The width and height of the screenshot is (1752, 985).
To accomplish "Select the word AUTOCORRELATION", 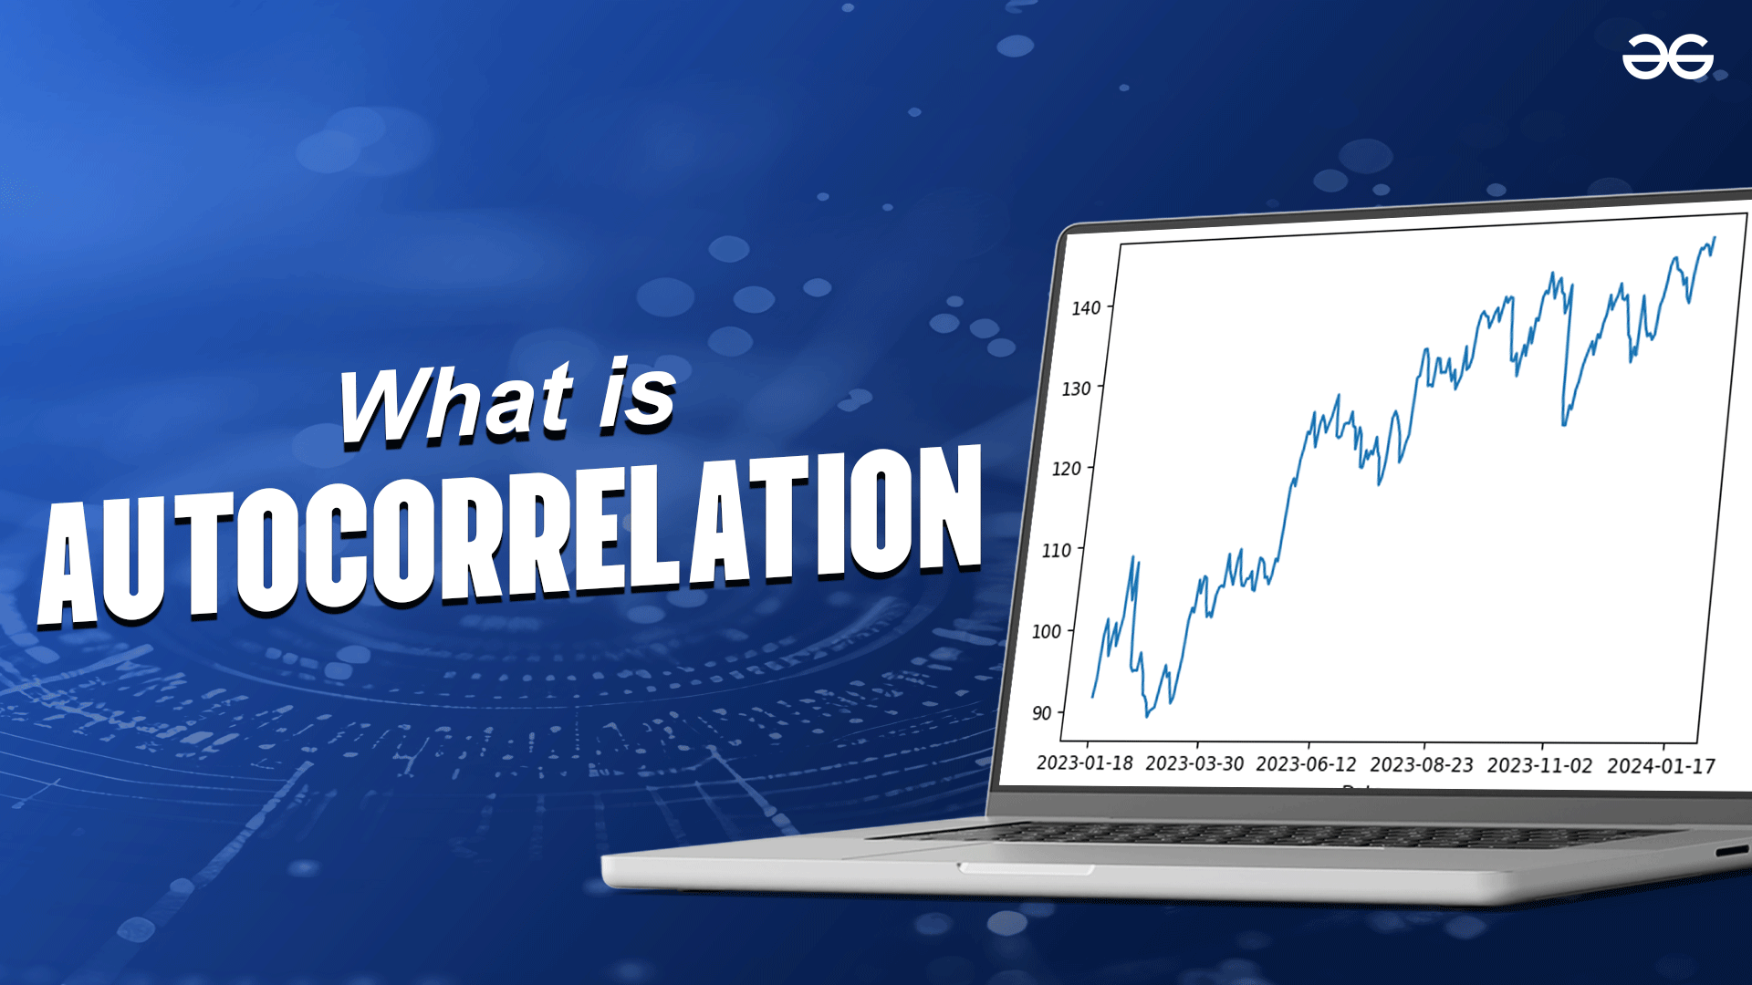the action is (509, 535).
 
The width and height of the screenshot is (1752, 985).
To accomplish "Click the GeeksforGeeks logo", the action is (1667, 57).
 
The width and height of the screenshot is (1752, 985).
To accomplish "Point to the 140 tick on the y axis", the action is (1086, 308).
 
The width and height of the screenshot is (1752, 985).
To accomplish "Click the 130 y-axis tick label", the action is (1076, 389).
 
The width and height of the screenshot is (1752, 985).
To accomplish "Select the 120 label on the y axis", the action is (1066, 469).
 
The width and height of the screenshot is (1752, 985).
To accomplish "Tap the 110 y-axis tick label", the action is (1056, 550).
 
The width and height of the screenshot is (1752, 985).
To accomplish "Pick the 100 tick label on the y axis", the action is (1046, 631).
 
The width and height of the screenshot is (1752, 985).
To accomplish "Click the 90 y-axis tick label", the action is (1041, 713).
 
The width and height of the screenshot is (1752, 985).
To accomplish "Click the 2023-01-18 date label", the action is (1084, 762).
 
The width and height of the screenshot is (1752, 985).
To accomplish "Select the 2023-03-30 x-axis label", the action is (1194, 763).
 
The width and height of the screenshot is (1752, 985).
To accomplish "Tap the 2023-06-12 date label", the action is (1306, 764).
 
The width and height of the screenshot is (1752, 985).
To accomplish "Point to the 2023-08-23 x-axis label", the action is (1422, 765).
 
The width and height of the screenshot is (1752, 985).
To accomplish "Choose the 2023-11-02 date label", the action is (1539, 765).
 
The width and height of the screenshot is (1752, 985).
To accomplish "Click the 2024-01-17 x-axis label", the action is (1661, 766).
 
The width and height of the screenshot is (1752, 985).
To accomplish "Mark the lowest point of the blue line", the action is (1147, 717).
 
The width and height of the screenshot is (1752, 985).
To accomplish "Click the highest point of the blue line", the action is (1715, 237).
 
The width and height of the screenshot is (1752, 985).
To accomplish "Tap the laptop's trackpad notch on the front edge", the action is (1026, 868).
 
